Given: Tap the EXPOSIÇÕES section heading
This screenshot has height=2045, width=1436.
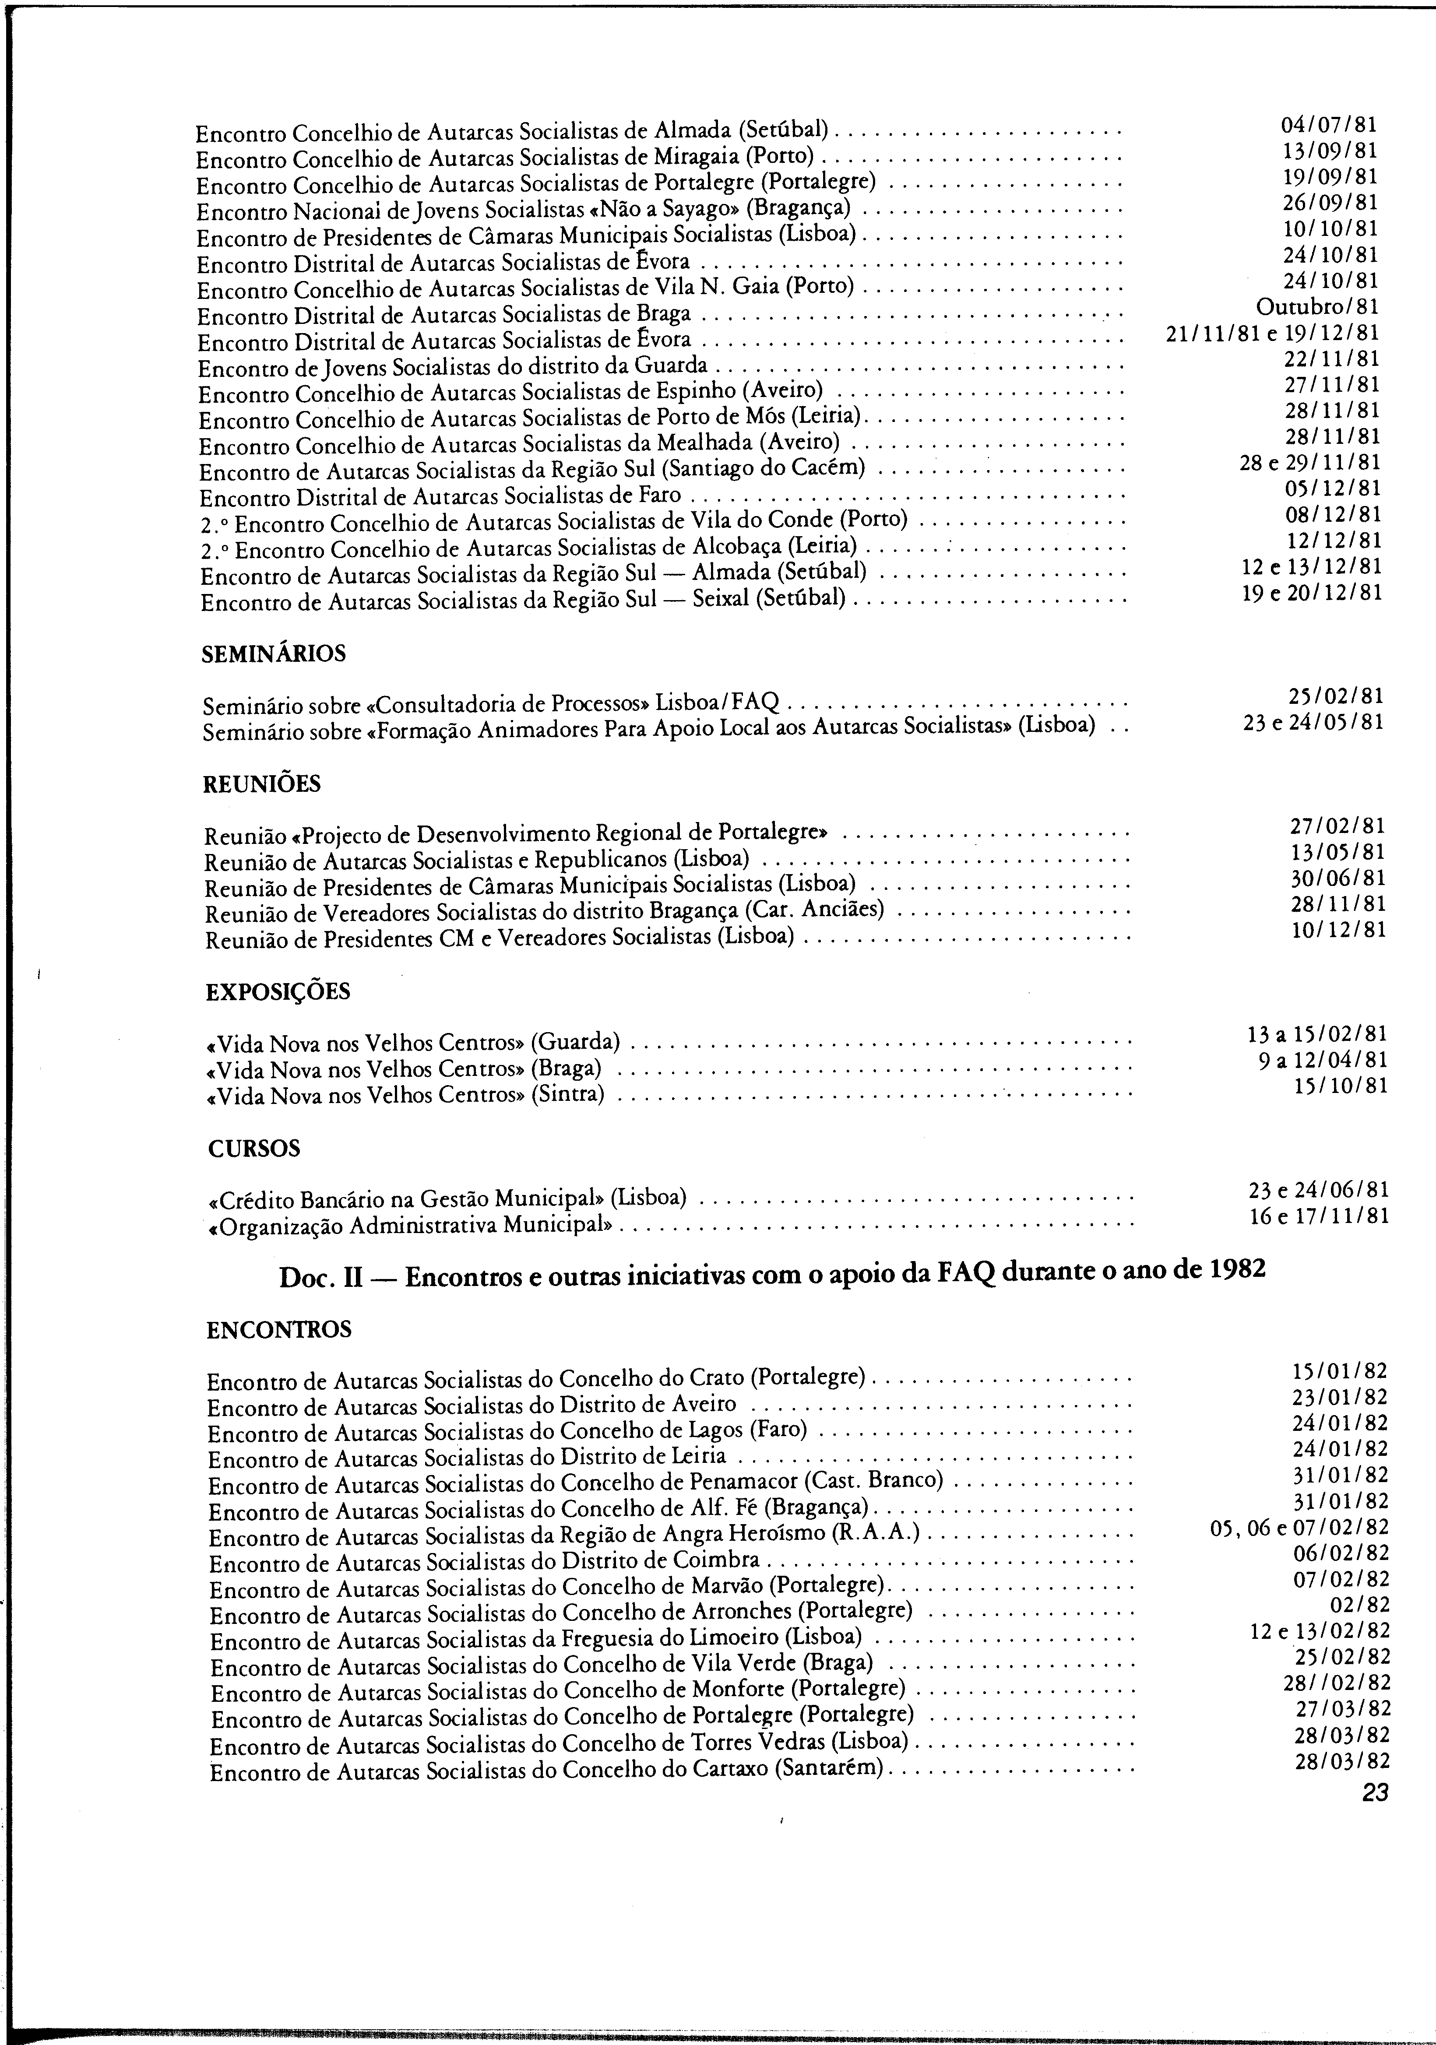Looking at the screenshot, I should click(278, 991).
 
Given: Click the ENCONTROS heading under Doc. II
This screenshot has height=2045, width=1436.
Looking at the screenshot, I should click(279, 1330).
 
